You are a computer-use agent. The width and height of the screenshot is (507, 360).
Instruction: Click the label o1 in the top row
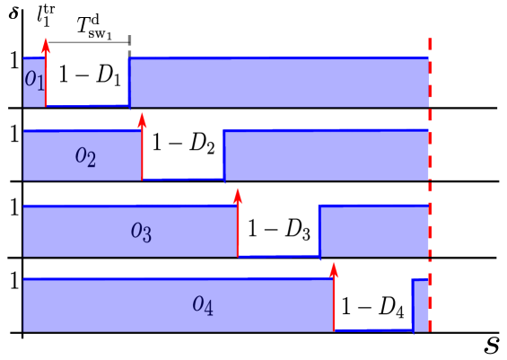(x=31, y=79)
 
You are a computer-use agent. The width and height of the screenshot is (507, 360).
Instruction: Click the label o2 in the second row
(x=85, y=157)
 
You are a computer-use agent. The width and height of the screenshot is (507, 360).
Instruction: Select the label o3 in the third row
(x=141, y=233)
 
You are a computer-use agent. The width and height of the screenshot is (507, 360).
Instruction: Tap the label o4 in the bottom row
(x=203, y=305)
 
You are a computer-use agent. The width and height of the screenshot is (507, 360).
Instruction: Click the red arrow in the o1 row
(x=46, y=76)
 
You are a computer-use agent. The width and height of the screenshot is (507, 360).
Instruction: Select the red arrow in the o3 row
(x=238, y=224)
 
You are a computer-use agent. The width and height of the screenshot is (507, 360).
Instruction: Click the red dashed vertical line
(x=430, y=180)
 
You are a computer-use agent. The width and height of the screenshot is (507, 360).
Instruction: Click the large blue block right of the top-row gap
(x=278, y=82)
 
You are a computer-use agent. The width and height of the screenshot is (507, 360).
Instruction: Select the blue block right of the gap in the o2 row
(x=325, y=154)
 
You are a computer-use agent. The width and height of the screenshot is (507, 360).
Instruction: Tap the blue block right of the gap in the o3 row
(x=372, y=230)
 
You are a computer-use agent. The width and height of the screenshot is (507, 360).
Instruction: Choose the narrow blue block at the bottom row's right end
(x=419, y=304)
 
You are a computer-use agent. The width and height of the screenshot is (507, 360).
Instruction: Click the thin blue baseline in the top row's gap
(x=87, y=106)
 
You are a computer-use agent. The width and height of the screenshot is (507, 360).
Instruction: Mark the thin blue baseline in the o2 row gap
(x=183, y=180)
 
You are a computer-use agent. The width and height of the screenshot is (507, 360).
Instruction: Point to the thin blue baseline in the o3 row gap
(x=278, y=256)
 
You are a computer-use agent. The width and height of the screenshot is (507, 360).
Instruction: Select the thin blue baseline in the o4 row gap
(x=373, y=330)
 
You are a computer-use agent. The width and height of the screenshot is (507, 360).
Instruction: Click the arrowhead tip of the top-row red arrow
(x=46, y=40)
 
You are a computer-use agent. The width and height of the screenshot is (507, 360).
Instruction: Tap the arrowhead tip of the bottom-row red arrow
(x=334, y=263)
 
